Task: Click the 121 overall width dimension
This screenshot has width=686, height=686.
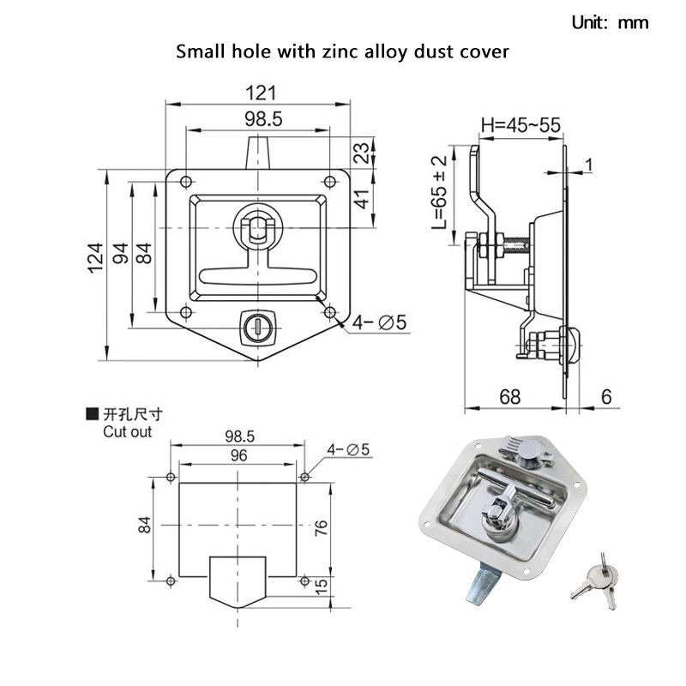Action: point(258,91)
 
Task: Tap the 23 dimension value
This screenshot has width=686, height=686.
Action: point(361,153)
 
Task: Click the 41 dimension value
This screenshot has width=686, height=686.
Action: point(361,199)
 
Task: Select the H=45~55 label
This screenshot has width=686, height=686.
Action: point(521,125)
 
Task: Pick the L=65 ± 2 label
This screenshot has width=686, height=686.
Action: point(440,192)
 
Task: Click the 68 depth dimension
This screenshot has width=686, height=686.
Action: point(510,396)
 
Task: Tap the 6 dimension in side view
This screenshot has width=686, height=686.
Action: point(607,396)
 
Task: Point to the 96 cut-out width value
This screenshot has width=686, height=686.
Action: point(238,456)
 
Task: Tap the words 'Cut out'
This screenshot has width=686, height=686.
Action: point(127,431)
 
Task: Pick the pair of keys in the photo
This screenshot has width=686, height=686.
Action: point(593,581)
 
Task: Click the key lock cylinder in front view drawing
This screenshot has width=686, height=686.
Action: point(256,326)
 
